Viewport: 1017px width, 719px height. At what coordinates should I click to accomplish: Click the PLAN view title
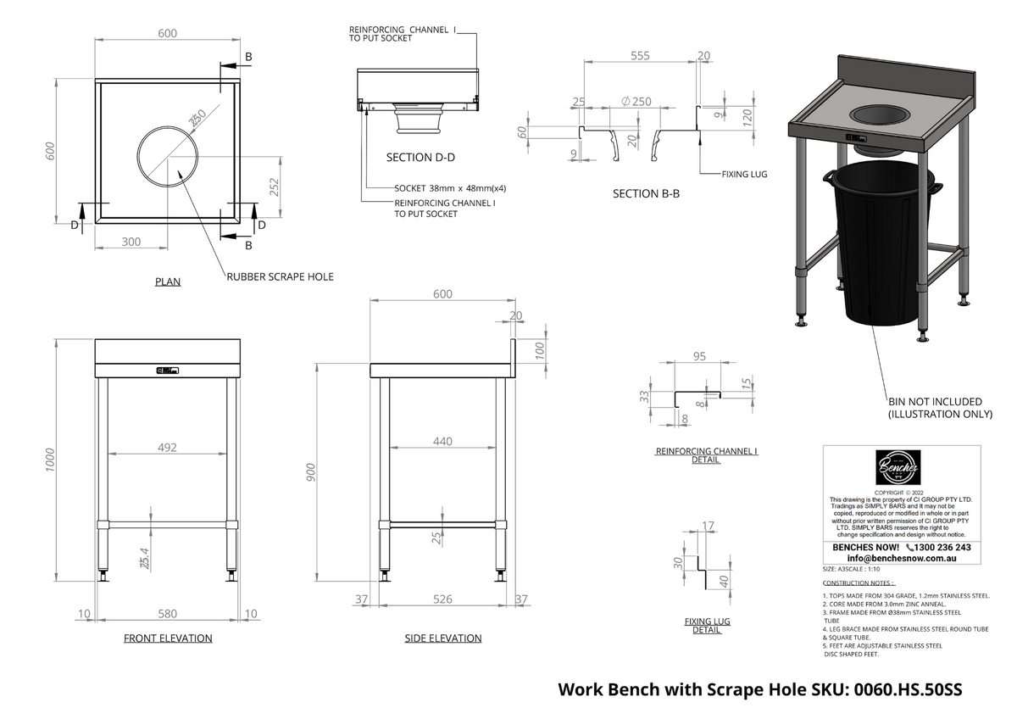tap(167, 281)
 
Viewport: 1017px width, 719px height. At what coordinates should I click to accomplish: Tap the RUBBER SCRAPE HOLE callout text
tap(280, 276)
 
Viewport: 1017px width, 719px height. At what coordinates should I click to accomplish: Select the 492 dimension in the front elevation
tap(168, 448)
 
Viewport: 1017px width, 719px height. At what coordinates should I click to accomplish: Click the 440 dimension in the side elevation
tap(442, 442)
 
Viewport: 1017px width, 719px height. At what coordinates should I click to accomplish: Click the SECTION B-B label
tap(646, 194)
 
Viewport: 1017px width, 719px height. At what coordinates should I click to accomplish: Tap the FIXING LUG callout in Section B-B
tap(744, 174)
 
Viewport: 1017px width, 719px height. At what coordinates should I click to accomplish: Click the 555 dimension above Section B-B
tap(640, 56)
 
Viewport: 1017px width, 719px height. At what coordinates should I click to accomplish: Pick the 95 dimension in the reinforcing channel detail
tap(699, 357)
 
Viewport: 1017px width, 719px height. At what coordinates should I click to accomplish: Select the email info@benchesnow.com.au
tap(901, 560)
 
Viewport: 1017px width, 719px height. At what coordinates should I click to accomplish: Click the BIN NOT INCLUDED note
tap(935, 402)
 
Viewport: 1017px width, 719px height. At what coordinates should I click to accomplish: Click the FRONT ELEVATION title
tap(168, 638)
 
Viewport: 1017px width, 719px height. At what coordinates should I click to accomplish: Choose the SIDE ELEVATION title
tap(442, 638)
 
